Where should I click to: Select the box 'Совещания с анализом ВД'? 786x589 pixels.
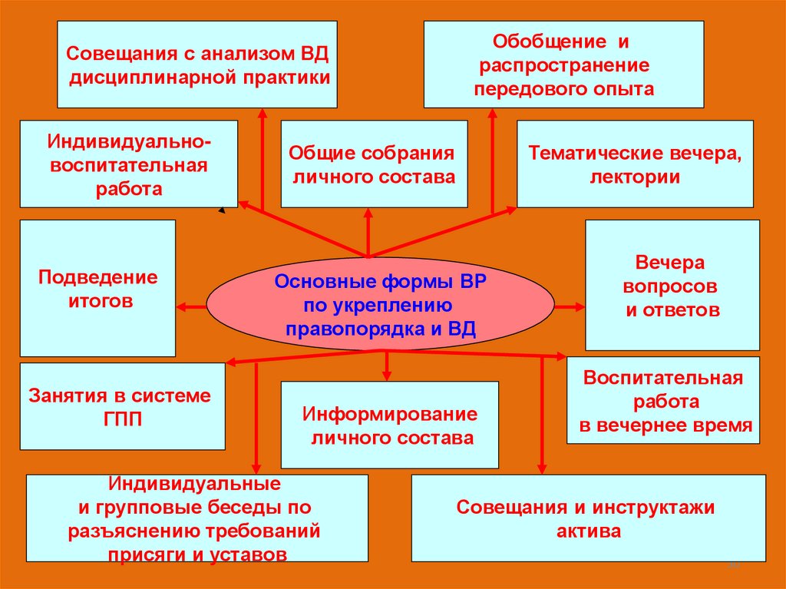(x=197, y=65)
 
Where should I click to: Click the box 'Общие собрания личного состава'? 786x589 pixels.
(x=374, y=164)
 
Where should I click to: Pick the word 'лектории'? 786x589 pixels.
(x=635, y=177)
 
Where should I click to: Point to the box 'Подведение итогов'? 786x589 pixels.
(x=97, y=288)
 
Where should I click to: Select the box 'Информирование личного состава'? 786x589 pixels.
(x=389, y=425)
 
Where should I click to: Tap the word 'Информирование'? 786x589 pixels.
(x=389, y=415)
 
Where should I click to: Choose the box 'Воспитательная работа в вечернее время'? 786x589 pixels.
(x=663, y=400)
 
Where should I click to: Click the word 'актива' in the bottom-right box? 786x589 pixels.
(x=589, y=531)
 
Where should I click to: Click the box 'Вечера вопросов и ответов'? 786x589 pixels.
(x=672, y=285)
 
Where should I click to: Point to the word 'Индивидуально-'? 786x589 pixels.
(x=128, y=142)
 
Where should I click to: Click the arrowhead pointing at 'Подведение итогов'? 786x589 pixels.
(x=182, y=307)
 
